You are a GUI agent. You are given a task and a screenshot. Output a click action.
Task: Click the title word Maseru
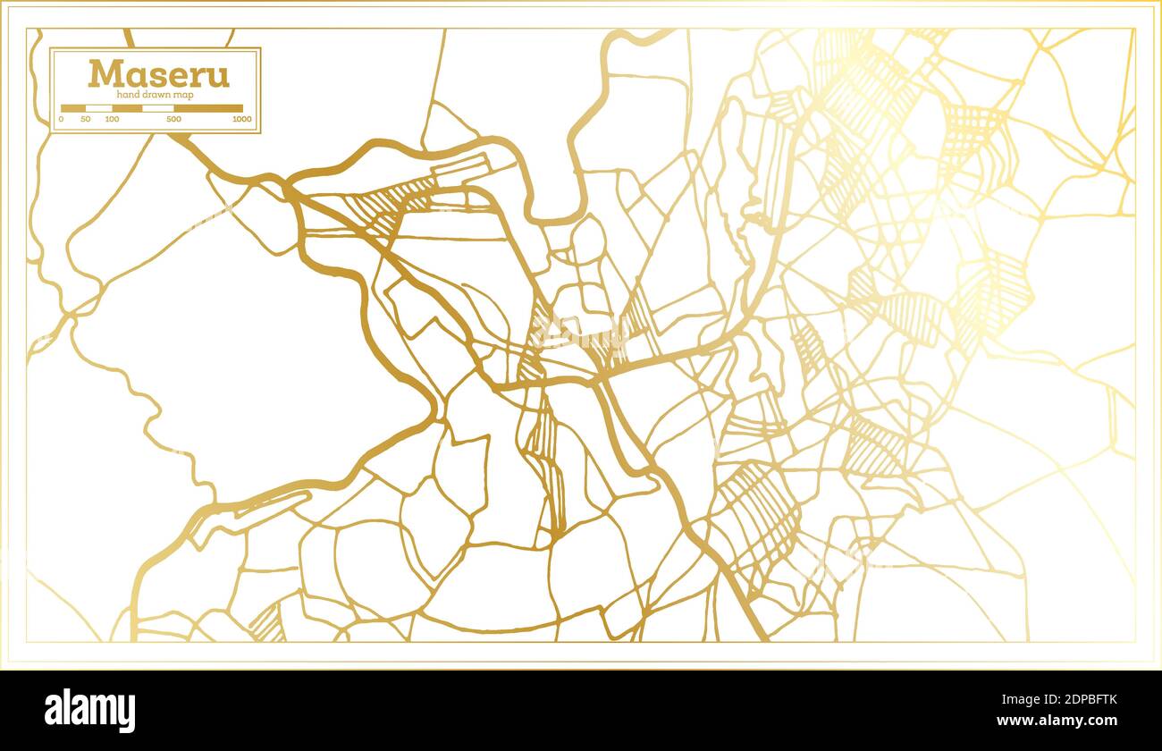pyautogui.click(x=158, y=73)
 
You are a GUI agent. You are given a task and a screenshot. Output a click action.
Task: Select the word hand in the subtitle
pyautogui.click(x=129, y=95)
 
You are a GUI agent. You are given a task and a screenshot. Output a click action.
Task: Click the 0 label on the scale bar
pyautogui.click(x=62, y=119)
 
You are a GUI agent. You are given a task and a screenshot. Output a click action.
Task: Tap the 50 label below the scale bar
pyautogui.click(x=86, y=119)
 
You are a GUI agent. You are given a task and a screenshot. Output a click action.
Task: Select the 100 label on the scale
pyautogui.click(x=112, y=119)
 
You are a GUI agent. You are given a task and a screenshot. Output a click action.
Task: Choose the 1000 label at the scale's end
pyautogui.click(x=241, y=119)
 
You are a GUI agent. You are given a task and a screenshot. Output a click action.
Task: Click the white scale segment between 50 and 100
pyautogui.click(x=98, y=108)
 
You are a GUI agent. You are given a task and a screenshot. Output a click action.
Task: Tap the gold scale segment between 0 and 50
pyautogui.click(x=73, y=108)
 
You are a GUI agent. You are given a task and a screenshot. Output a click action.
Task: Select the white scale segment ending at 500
pyautogui.click(x=158, y=108)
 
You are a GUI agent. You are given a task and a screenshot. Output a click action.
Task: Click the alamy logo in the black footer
pyautogui.click(x=89, y=710)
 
